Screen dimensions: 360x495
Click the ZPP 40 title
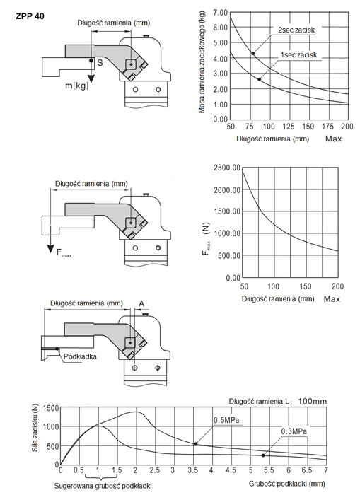(30, 16)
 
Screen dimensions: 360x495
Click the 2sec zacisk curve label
(296, 30)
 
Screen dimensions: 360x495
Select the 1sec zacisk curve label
(298, 55)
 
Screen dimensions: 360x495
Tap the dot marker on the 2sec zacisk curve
(253, 53)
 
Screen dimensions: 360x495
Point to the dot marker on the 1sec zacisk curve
(260, 79)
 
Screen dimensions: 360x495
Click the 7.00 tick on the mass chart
(220, 13)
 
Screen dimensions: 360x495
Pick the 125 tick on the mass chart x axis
(289, 127)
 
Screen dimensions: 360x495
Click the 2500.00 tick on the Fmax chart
(227, 168)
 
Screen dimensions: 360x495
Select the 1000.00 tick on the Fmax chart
(227, 233)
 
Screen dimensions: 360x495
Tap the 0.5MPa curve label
(226, 421)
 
